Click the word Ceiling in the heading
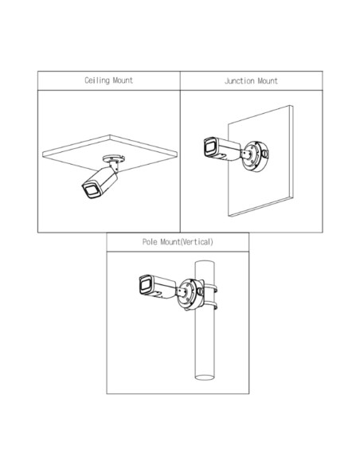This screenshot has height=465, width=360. coord(97,80)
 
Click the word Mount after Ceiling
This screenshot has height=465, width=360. coord(123,80)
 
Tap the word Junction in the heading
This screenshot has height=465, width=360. coord(239,81)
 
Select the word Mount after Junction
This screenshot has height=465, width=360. coord(268,81)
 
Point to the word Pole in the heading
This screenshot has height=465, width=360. coord(150,242)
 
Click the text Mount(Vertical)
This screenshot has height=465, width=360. coord(186,242)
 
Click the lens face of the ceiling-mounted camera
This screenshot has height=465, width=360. coord(90,190)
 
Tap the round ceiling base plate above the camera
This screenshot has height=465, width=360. coord(114,158)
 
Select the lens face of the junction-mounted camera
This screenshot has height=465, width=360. coord(209,147)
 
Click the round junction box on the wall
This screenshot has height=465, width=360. coord(255,157)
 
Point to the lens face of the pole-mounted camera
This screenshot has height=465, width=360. coord(145,285)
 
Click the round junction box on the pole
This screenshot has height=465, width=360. coord(190,294)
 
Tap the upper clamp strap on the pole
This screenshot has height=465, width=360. coord(210,289)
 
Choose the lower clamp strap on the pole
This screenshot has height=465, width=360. coord(210,306)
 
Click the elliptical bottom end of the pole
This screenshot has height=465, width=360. coord(205,377)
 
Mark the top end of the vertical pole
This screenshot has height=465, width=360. coord(205,261)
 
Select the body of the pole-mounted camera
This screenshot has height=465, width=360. coord(158,287)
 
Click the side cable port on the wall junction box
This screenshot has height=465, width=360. coord(265,154)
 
